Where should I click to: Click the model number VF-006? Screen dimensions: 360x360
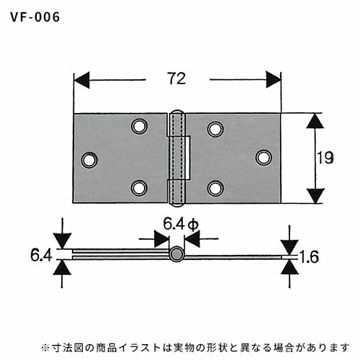tap(35, 17)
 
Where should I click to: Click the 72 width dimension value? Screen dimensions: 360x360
tap(177, 78)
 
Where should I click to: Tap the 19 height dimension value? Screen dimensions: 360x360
tap(325, 158)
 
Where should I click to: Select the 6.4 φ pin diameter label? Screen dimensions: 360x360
tap(181, 225)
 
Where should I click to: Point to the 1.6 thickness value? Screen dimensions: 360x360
tap(310, 257)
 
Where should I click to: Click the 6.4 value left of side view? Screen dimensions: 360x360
tap(41, 255)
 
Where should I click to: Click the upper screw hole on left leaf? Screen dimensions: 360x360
tap(140, 126)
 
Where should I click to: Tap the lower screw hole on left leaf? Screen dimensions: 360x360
tap(140, 188)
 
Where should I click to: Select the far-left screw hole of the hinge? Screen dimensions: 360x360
tap(89, 160)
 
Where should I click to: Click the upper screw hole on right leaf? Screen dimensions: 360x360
tap(215, 129)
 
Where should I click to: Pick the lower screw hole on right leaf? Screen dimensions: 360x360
tap(215, 188)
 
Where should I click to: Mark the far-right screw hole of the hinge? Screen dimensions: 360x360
tap(264, 158)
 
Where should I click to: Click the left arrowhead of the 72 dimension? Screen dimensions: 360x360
tap(81, 80)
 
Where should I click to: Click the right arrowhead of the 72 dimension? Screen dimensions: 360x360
tap(274, 80)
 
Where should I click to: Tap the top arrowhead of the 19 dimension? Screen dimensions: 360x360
tap(315, 121)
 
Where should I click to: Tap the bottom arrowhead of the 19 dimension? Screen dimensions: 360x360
tap(315, 196)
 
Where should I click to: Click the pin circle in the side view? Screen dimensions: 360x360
tap(177, 254)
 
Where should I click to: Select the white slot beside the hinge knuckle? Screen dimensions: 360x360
tap(188, 158)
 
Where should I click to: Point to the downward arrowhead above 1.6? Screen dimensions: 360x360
tap(289, 247)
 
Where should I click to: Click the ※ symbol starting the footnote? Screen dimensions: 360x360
tap(45, 347)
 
